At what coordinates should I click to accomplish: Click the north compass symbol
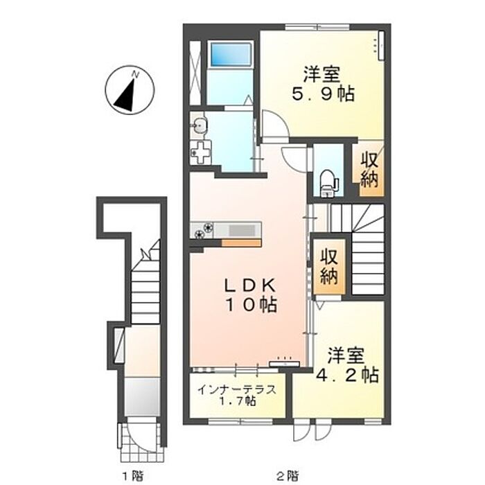[130, 90]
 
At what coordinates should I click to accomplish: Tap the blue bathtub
[231, 54]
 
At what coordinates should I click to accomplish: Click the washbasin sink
[200, 125]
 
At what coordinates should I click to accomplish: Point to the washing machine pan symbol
[201, 153]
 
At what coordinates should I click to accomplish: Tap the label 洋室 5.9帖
[323, 84]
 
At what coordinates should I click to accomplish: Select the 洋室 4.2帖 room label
[346, 365]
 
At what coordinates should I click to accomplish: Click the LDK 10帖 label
[250, 295]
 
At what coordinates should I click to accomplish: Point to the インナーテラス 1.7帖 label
[237, 395]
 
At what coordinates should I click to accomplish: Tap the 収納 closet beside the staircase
[328, 266]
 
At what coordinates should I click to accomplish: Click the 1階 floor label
[132, 475]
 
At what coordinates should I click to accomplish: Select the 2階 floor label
[288, 475]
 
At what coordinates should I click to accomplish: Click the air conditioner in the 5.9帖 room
[381, 46]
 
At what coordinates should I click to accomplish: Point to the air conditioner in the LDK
[284, 364]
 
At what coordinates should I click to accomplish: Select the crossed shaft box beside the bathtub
[195, 73]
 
